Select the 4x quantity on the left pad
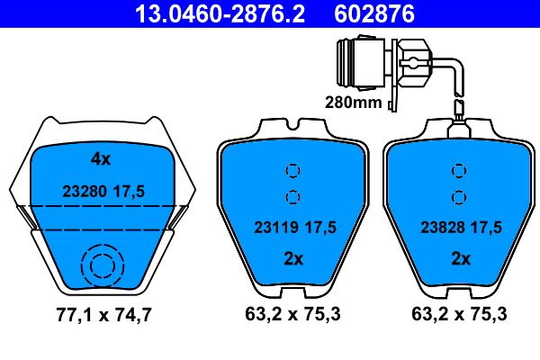pyautogui.click(x=100, y=159)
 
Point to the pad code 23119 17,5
pyautogui.click(x=291, y=229)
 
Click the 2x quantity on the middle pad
pyautogui.click(x=291, y=258)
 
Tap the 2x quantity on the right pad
pyautogui.click(x=460, y=258)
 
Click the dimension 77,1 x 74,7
pyautogui.click(x=101, y=317)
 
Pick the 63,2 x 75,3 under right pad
pyautogui.click(x=460, y=317)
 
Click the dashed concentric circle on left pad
pyautogui.click(x=100, y=266)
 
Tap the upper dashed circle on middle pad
pyautogui.click(x=291, y=170)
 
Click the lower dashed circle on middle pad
pyautogui.click(x=291, y=197)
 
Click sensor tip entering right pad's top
pyautogui.click(x=460, y=118)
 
